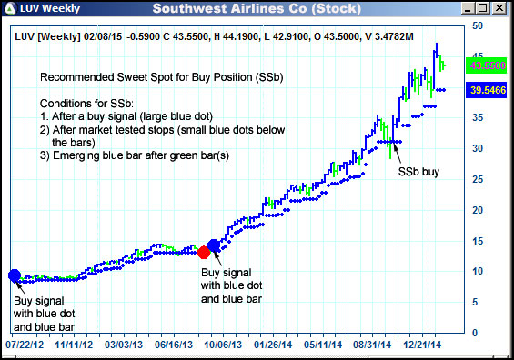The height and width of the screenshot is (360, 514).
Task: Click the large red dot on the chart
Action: (204, 252)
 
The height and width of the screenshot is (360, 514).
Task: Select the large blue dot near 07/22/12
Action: (14, 275)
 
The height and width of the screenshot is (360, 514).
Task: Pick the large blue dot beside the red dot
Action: (215, 245)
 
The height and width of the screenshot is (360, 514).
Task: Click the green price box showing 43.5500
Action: (486, 66)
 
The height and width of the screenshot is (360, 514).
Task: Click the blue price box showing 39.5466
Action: (486, 91)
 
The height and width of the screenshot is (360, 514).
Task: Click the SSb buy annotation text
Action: (418, 170)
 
